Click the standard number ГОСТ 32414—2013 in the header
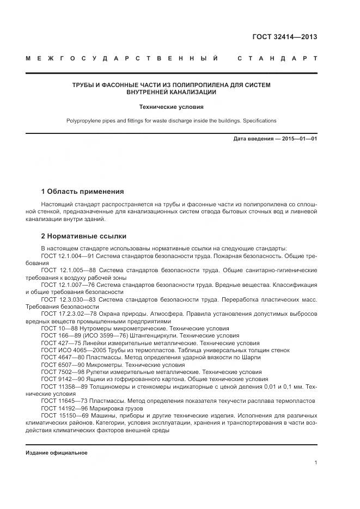[x=284, y=38]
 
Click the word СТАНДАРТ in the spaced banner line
[x=277, y=58]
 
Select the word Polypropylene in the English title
[x=83, y=121]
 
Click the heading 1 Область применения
[x=82, y=192]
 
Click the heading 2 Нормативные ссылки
[x=83, y=236]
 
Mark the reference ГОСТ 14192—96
[x=60, y=408]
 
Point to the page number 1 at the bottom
[x=315, y=463]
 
